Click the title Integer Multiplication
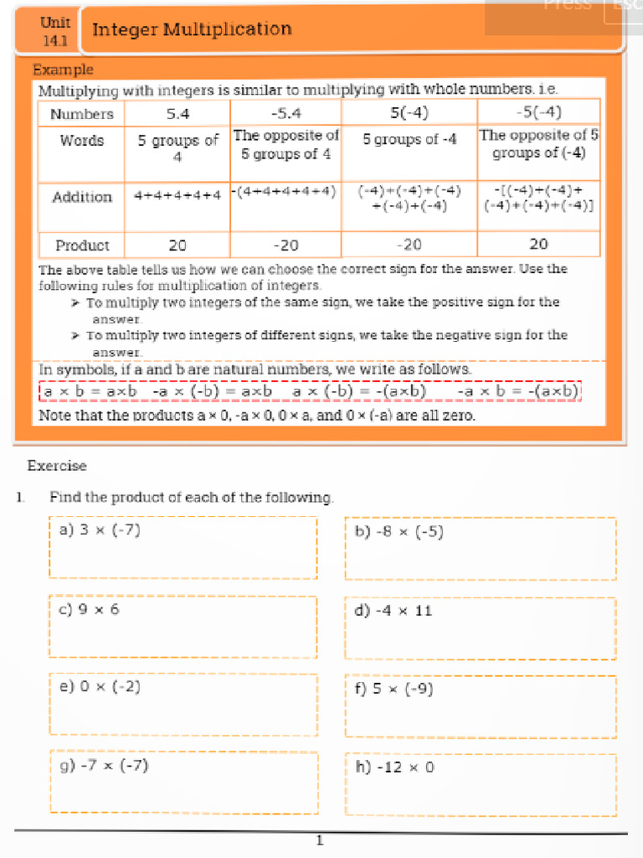[x=192, y=30]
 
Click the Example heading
[x=63, y=70]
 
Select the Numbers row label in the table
[x=81, y=113]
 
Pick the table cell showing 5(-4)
[x=409, y=112]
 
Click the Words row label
[x=81, y=141]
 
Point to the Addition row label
[x=81, y=197]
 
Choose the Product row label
[x=81, y=245]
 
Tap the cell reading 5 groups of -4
[x=409, y=140]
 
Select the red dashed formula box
[x=310, y=391]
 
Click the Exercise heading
[x=57, y=466]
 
